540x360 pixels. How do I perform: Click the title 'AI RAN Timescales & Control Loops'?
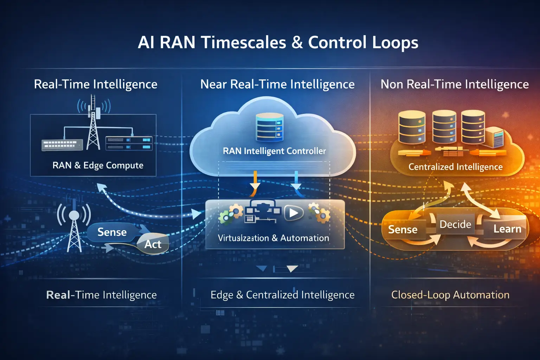click(278, 43)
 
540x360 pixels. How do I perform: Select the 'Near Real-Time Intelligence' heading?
click(277, 84)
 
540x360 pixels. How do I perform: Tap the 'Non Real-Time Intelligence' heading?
click(455, 84)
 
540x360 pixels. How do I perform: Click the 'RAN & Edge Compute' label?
click(98, 165)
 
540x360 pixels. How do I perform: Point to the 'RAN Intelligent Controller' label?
click(274, 151)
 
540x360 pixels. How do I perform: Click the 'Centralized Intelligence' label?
click(455, 167)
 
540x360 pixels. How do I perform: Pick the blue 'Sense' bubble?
click(112, 232)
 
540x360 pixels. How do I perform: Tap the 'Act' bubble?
click(153, 244)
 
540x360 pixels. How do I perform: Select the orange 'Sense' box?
click(403, 230)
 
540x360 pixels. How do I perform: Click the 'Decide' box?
click(455, 224)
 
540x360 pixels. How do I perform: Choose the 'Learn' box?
click(507, 229)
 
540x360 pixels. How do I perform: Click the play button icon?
click(293, 213)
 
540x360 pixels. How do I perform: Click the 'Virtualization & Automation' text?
click(274, 238)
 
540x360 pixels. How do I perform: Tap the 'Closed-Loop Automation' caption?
click(450, 295)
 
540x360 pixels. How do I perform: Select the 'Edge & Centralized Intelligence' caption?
click(282, 295)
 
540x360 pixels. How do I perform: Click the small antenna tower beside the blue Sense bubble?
click(74, 225)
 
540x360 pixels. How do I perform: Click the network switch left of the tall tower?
click(62, 144)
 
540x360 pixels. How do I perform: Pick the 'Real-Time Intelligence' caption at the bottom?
click(101, 295)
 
